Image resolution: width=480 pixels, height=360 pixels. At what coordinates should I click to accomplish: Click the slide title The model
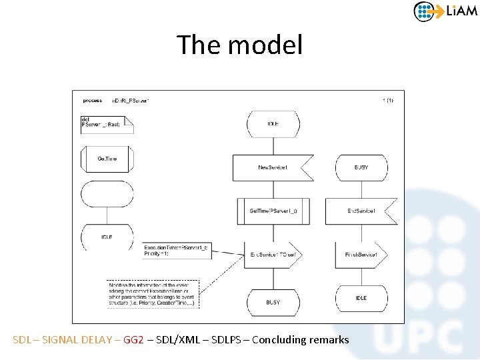coord(239,45)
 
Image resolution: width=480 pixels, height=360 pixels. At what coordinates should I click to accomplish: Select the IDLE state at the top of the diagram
coord(273,124)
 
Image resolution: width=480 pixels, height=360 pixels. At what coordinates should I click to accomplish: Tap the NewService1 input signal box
coord(272,167)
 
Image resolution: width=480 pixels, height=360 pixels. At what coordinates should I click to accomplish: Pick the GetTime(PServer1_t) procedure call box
coord(273,211)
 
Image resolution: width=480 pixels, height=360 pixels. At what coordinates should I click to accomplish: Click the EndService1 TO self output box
coord(274,255)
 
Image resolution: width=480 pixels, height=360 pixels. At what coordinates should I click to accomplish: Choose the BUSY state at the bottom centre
coord(273,302)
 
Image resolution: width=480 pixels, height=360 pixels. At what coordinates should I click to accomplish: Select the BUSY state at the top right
coord(361,167)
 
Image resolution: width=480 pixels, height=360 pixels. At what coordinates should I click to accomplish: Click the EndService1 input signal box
coord(361,211)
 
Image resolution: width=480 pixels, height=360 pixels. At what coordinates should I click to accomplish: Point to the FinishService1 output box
coord(361,255)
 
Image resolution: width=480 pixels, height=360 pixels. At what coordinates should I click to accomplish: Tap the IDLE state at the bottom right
coord(361,298)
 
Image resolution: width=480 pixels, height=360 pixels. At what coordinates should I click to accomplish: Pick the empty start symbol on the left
coord(107,193)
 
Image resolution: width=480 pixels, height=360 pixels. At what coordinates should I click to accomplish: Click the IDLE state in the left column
coord(107,236)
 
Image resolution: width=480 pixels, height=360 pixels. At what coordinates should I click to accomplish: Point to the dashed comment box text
coord(152,294)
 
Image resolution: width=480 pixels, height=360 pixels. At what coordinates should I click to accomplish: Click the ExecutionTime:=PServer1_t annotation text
coord(176,250)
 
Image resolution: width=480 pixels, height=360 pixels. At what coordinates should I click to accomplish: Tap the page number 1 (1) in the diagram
coord(387,101)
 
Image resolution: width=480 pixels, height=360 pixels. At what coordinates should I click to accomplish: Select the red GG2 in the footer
coord(133,339)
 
